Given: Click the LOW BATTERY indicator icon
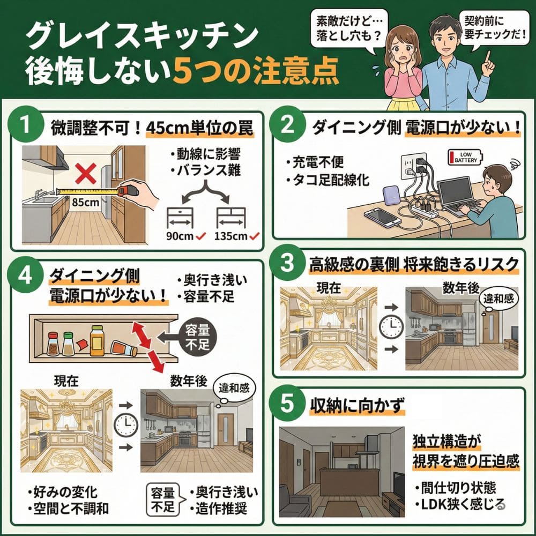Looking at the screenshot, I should click(x=465, y=157).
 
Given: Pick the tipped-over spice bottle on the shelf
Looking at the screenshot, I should click(x=123, y=349).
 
